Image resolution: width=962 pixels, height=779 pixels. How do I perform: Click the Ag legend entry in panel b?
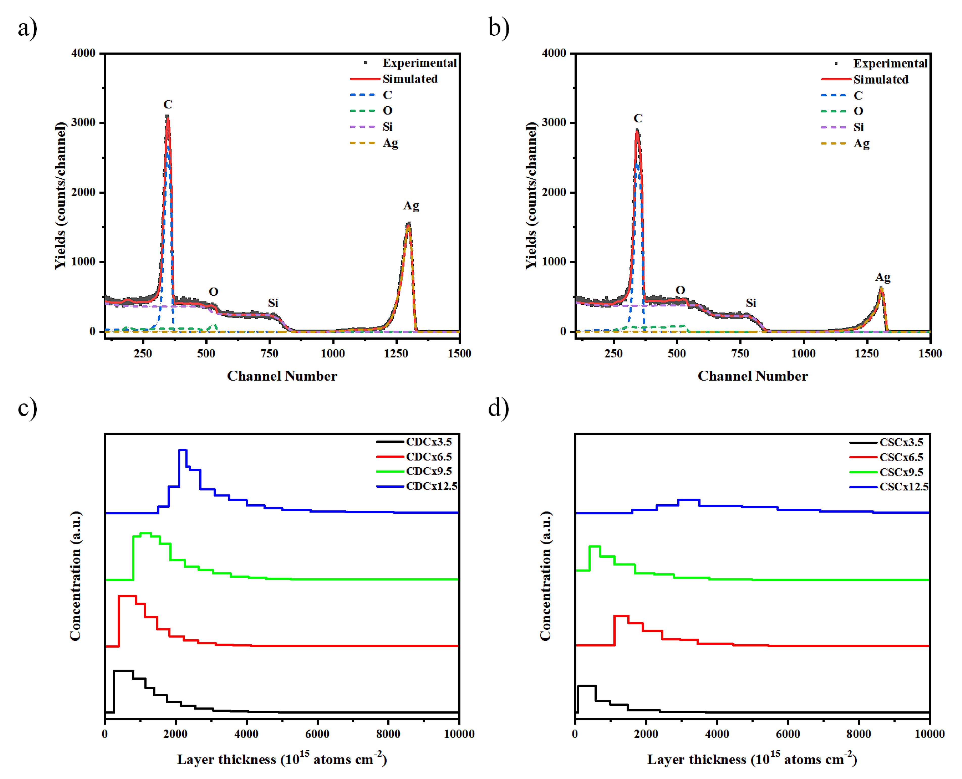[x=861, y=143]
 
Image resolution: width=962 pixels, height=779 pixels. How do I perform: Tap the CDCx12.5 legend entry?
[x=431, y=486]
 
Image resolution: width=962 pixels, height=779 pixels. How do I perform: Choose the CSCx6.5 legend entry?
[x=901, y=457]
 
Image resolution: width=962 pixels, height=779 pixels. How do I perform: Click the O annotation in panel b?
[x=680, y=290]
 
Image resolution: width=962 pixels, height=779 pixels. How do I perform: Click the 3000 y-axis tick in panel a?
[x=83, y=123]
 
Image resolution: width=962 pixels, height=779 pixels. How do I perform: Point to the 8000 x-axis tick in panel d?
[x=858, y=734]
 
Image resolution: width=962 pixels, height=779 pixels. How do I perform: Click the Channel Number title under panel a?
[x=282, y=376]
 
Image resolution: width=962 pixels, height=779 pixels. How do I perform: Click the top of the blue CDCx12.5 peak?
[x=183, y=450]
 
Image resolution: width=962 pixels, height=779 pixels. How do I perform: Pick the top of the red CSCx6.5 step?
[x=621, y=616]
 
